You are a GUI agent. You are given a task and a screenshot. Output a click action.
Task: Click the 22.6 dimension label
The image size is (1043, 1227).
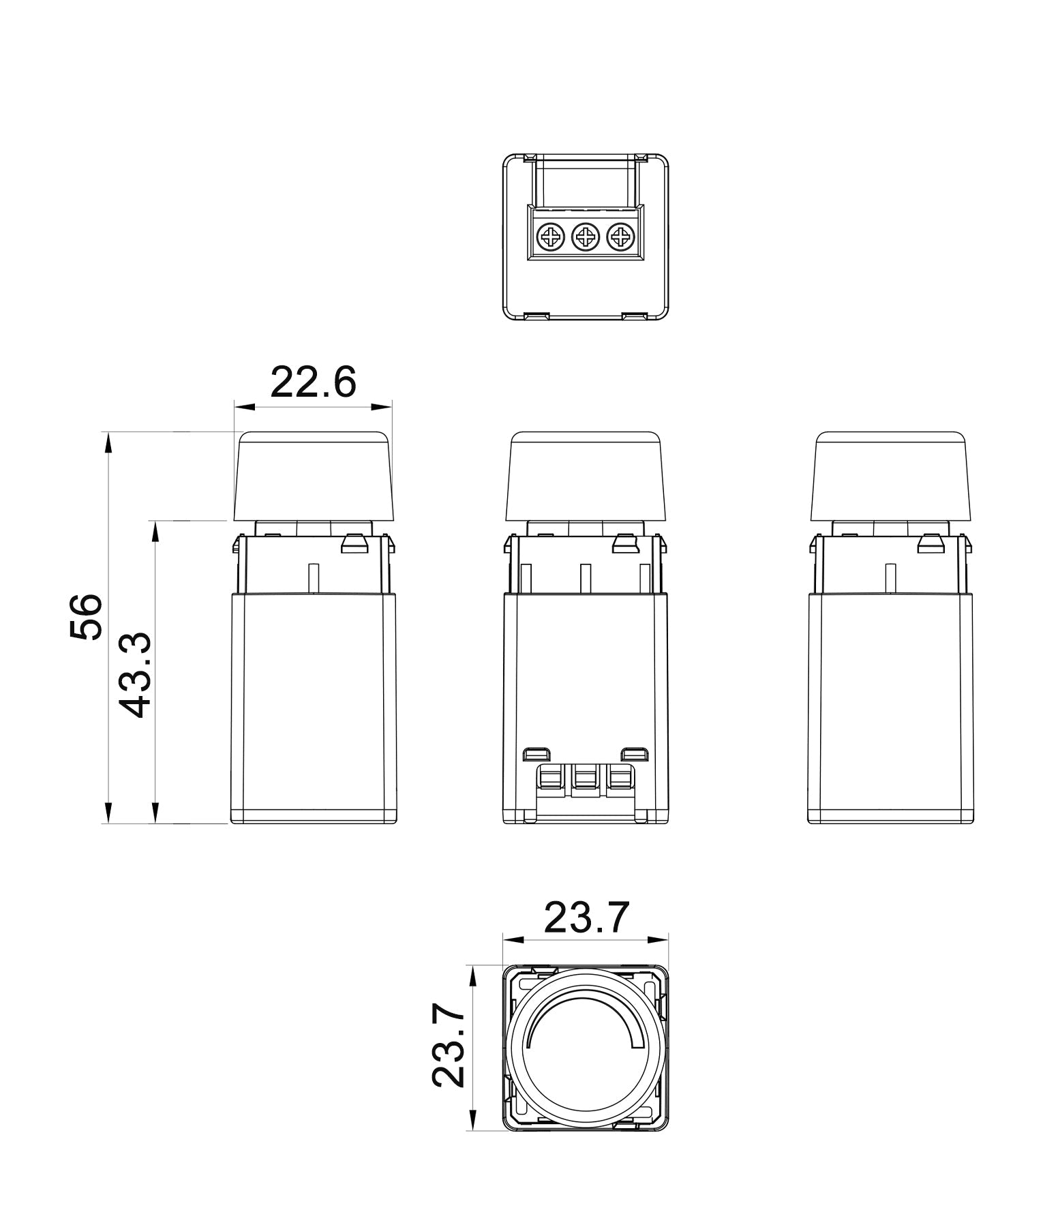point(313,382)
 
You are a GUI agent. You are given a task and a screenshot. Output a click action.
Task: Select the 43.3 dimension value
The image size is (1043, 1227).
point(131,675)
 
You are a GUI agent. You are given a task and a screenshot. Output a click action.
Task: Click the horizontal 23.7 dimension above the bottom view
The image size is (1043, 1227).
point(586,917)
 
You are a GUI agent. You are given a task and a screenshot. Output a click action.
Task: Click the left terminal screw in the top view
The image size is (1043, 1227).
point(550,238)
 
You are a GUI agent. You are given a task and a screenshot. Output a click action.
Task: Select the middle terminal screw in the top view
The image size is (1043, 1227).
point(585,238)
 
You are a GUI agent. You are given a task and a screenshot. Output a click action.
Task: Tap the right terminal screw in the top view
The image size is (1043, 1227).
point(620,238)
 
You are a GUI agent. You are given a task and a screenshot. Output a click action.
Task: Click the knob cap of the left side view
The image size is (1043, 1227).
point(314,476)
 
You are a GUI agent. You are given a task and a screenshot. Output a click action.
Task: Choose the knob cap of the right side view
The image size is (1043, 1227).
point(892,476)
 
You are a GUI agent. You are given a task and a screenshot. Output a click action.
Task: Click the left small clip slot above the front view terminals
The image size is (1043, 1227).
point(536,755)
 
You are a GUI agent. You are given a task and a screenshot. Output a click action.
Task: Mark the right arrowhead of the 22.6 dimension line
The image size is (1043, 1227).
point(382,407)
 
